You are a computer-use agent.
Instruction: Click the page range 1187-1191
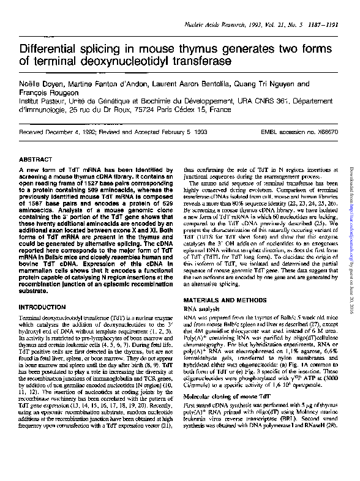pos(323,23)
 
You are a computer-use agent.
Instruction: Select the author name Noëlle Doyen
pos(41,84)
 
